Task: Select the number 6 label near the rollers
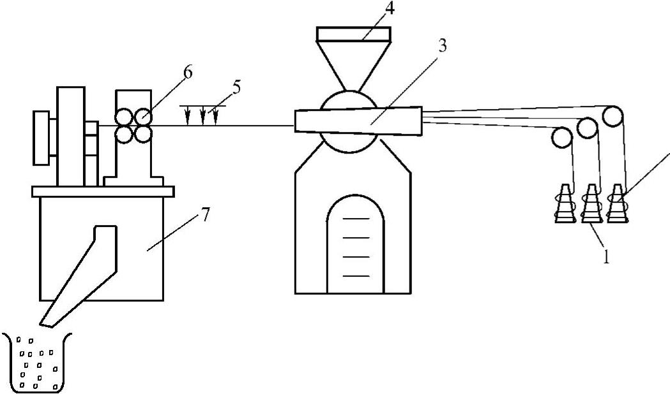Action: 187,73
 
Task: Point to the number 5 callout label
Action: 236,87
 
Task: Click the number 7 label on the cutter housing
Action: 205,215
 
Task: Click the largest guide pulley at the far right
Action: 613,115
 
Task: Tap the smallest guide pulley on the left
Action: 562,137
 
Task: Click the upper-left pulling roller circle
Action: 123,117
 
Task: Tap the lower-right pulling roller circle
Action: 142,133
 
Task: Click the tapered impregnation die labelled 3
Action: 358,121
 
